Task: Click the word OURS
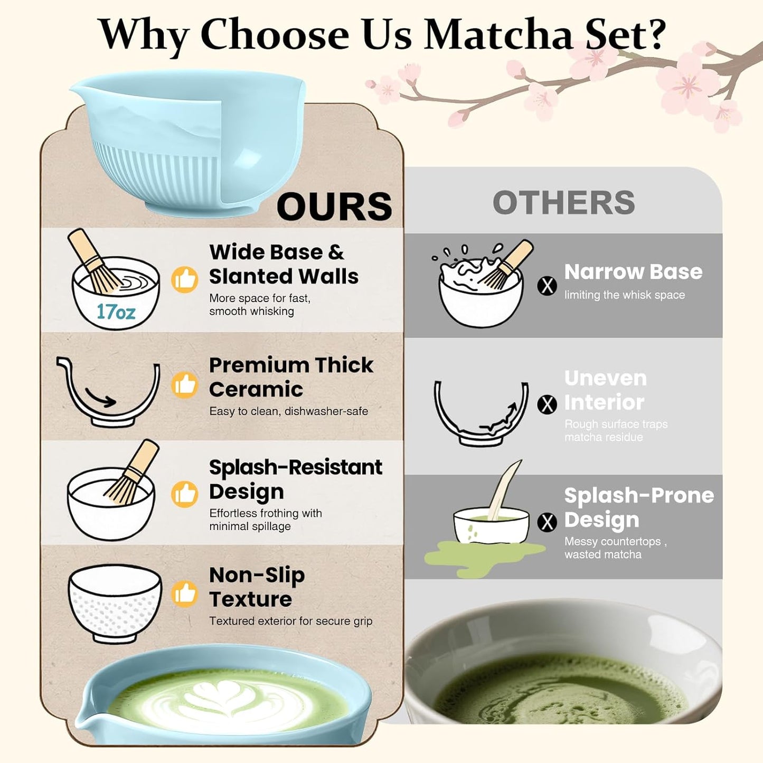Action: [334, 206]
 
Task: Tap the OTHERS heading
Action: [563, 203]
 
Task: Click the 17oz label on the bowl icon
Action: [116, 312]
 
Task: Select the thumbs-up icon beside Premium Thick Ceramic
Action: [185, 385]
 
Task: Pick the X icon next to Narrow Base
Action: [547, 286]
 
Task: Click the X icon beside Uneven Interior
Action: [547, 405]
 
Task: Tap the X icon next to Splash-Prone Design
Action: [547, 522]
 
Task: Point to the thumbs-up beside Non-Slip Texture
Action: [185, 594]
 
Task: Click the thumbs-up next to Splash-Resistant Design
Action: [185, 494]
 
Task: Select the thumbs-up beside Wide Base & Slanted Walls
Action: [185, 279]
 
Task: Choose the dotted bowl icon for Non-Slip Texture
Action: [115, 602]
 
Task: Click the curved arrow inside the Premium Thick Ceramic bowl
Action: [101, 399]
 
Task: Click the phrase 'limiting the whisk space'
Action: [624, 295]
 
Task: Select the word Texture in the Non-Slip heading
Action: [250, 599]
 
